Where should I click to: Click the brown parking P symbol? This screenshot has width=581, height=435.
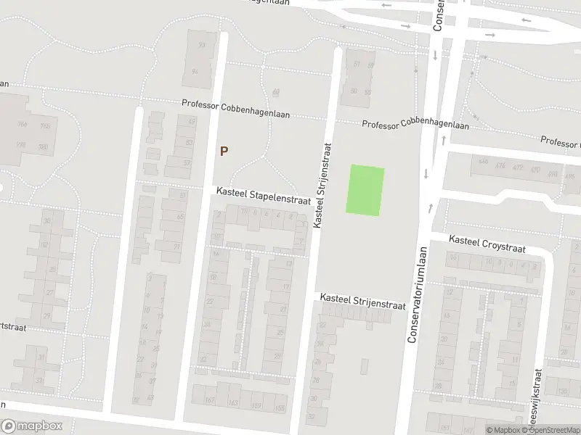pyautogui.click(x=224, y=152)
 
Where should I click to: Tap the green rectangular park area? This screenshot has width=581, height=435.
pyautogui.click(x=367, y=190)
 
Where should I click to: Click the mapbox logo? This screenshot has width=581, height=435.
pyautogui.click(x=31, y=426)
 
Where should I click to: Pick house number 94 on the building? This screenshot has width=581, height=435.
pyautogui.click(x=195, y=72)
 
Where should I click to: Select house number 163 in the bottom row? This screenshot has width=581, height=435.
pyautogui.click(x=234, y=402)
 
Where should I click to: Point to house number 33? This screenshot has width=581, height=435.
pyautogui.click(x=40, y=379)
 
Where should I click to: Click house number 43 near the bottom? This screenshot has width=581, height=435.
pyautogui.click(x=150, y=398)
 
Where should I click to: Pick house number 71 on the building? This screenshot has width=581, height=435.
pyautogui.click(x=176, y=247)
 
